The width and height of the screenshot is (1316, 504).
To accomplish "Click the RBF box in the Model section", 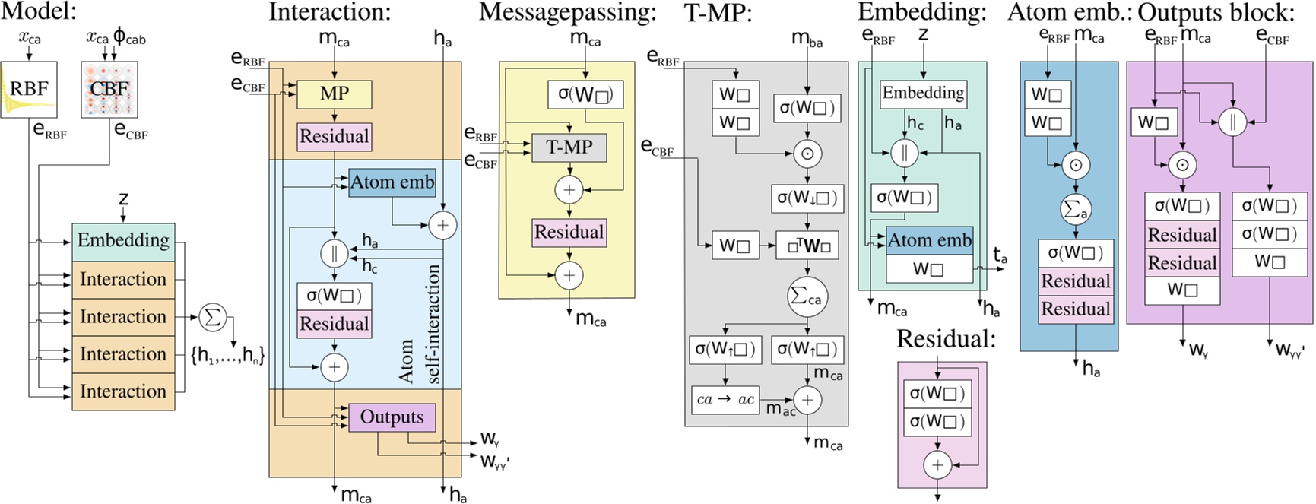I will coord(29,89).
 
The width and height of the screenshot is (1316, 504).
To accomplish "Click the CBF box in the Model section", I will coord(109,89).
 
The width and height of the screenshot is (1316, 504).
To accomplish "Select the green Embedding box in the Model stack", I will coord(123,241).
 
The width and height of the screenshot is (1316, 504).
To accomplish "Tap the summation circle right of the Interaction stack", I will coord(213,317).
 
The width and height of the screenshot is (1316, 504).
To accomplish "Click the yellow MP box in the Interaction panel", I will coord(334,94).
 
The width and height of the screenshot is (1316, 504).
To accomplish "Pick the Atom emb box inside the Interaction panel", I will coord(392,182).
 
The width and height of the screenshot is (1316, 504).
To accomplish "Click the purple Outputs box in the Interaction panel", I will coord(392,417).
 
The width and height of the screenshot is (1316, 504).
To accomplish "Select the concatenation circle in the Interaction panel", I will coord(334,253).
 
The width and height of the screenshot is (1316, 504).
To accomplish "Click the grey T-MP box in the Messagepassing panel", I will coord(569,147).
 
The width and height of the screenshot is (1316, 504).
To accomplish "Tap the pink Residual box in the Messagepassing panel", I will coord(569,233).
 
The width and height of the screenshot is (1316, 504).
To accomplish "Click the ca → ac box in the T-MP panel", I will coord(725,400).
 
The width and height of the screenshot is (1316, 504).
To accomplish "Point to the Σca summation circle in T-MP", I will coord(807,297).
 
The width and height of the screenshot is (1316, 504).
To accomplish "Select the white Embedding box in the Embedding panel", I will coord(923,94).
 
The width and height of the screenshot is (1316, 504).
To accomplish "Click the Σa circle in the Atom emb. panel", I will coord(1075,209).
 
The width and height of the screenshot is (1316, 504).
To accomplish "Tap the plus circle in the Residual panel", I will coord(937,464).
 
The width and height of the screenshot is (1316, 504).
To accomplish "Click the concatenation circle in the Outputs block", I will coord(1232,122).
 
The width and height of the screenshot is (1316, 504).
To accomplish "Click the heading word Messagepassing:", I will coord(567,12).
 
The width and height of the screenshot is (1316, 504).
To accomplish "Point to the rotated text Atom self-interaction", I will coord(420,324).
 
